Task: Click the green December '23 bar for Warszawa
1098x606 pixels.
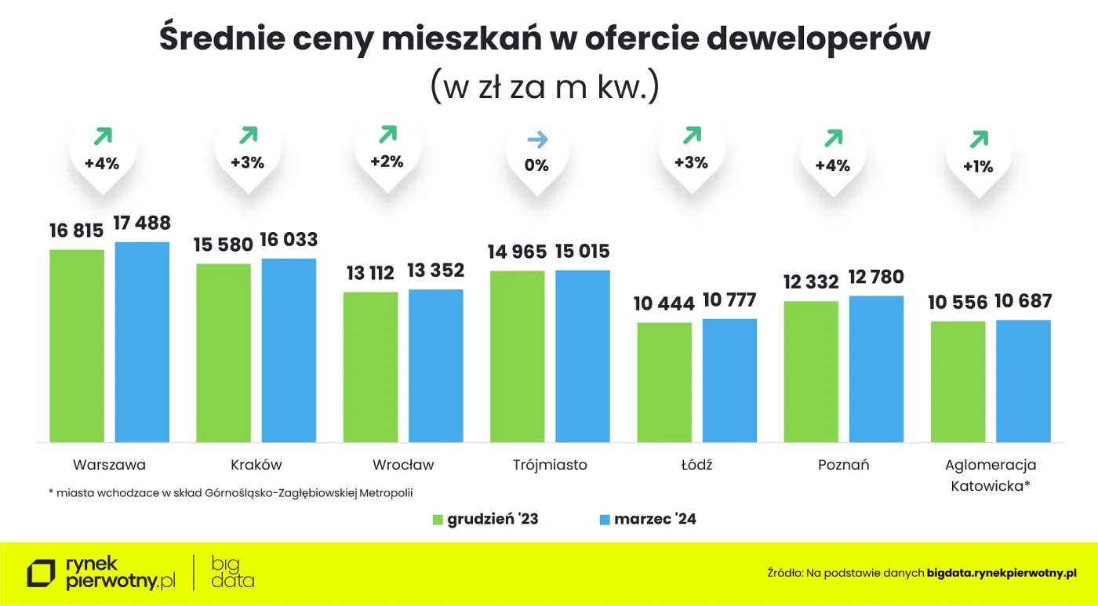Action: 77,345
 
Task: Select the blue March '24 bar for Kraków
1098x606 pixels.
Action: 289,350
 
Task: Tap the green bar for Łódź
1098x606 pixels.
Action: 664,382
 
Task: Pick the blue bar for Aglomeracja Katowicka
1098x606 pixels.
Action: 1023,380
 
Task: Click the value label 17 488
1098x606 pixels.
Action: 142,223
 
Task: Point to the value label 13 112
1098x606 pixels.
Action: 370,274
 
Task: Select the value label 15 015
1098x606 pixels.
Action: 583,252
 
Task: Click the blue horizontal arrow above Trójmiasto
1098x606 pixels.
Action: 537,140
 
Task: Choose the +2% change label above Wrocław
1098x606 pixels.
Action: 387,162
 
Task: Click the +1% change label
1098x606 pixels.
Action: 978,166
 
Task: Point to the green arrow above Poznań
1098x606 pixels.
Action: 832,139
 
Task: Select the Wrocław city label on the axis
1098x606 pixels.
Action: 403,465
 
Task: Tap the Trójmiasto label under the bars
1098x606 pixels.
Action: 550,465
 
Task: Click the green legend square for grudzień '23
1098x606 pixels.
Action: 438,520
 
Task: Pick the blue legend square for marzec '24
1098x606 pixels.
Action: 604,520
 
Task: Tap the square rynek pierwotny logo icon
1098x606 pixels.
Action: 42,573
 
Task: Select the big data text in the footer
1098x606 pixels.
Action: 232,572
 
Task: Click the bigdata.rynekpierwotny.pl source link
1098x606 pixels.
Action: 1002,573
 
